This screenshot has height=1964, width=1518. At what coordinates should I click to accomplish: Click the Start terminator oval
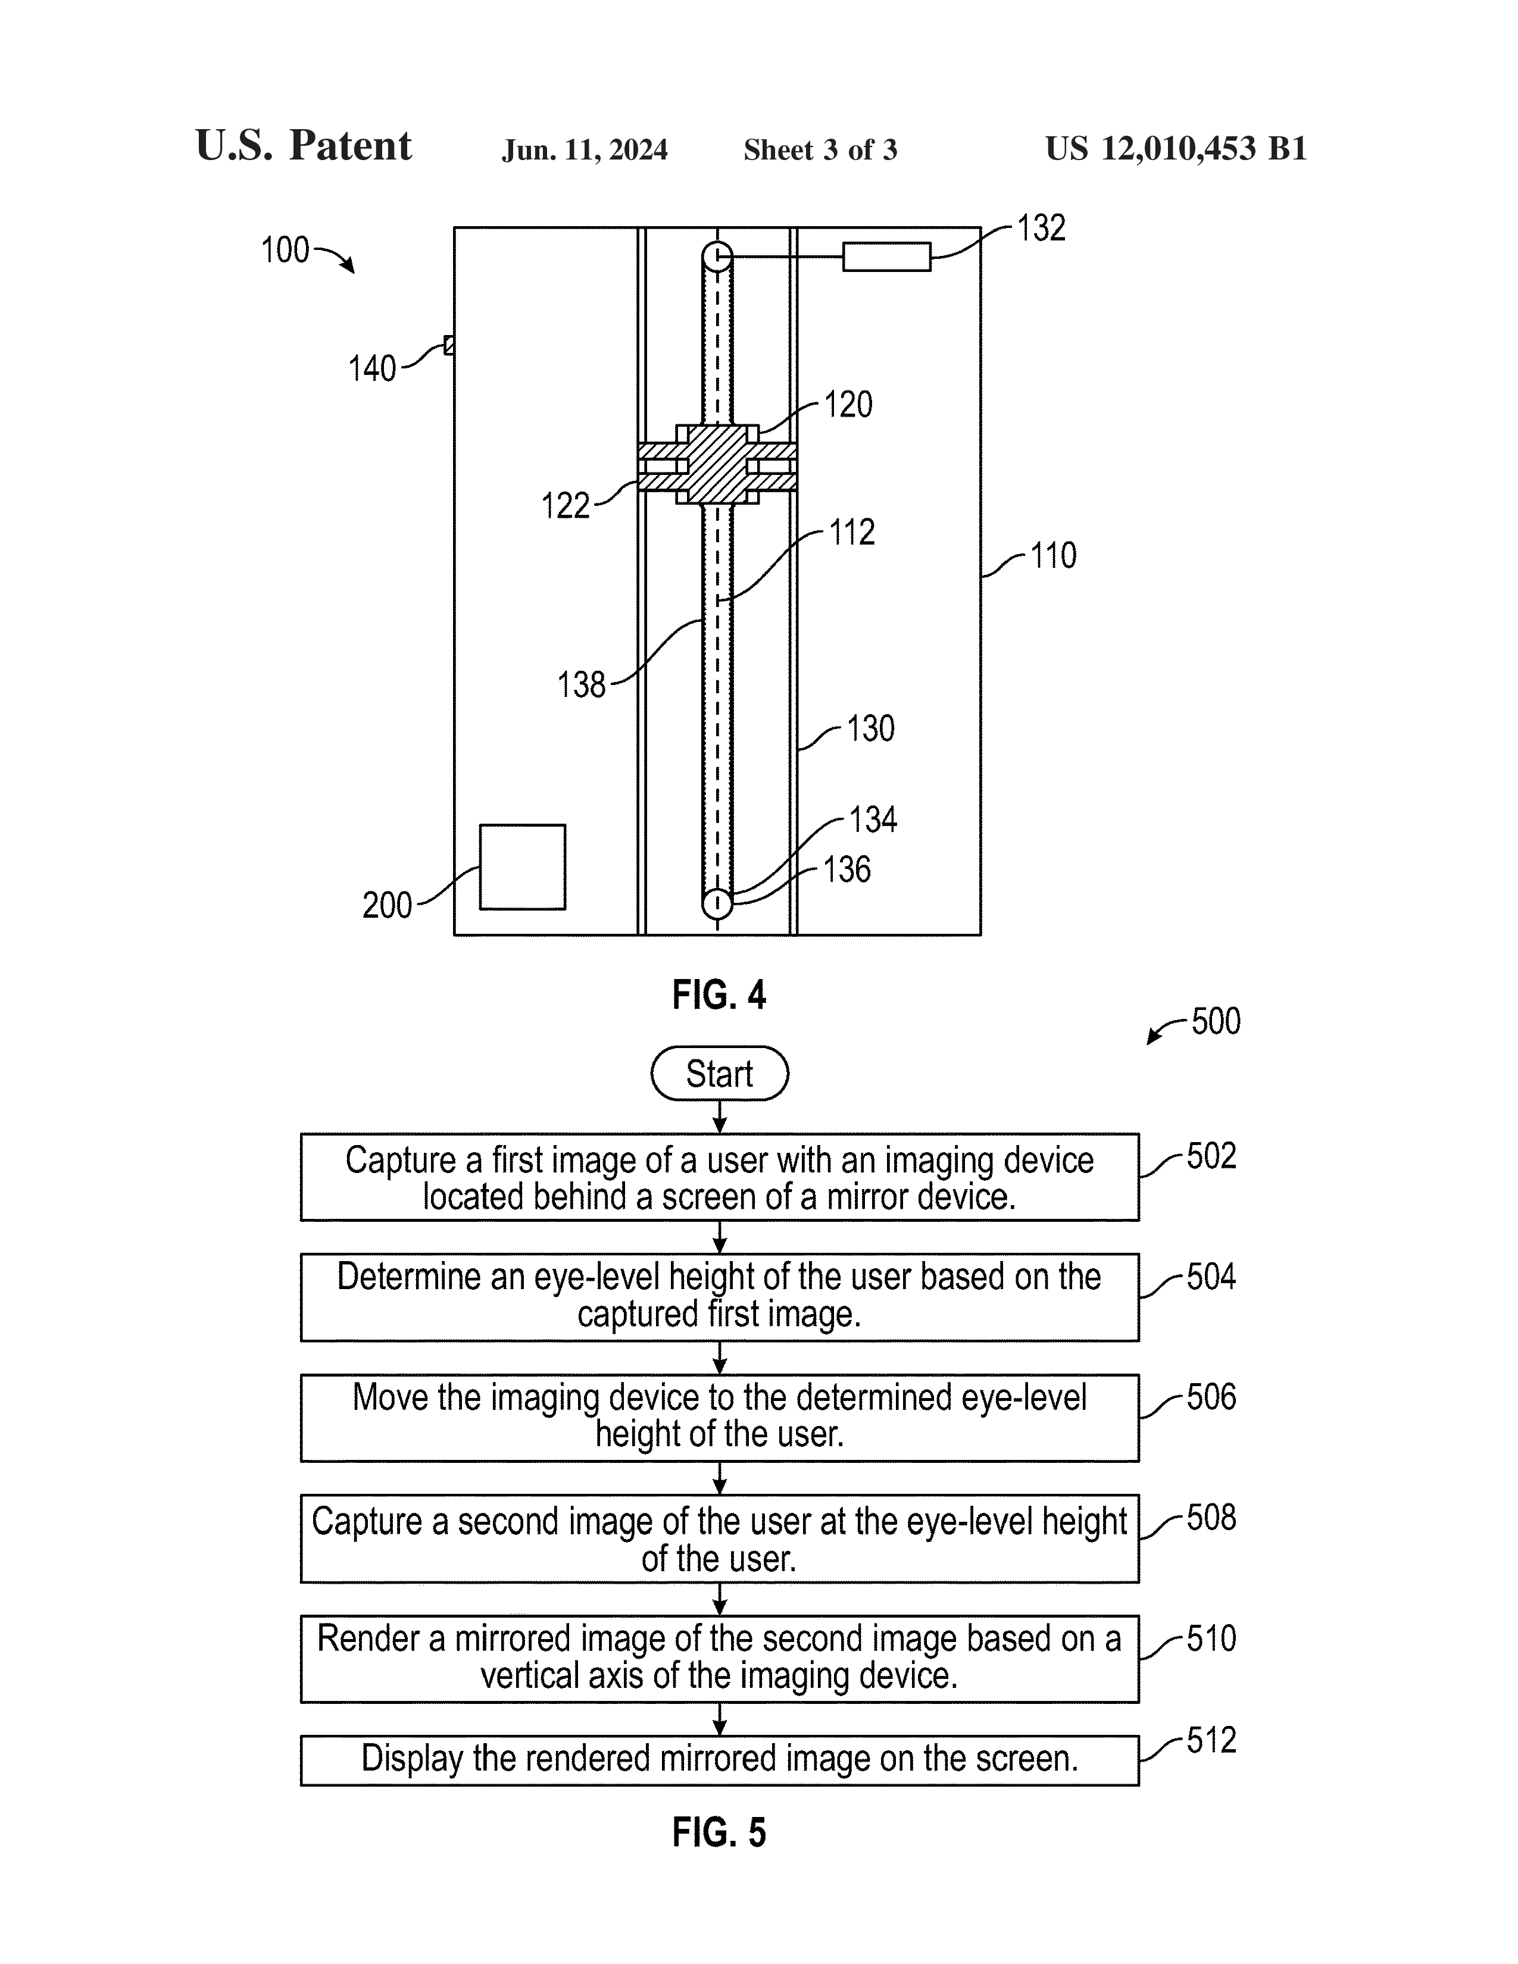[720, 1073]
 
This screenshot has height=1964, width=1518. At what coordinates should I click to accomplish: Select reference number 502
[1210, 1156]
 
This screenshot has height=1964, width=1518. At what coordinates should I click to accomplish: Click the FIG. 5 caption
[719, 1832]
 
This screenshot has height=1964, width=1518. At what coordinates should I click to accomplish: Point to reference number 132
[1041, 229]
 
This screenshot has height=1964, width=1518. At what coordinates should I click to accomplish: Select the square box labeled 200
[523, 867]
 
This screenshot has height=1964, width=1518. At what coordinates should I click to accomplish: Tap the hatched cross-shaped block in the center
[717, 464]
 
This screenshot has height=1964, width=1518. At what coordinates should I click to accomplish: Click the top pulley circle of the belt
[717, 257]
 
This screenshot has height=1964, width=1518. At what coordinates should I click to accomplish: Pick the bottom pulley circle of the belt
[717, 902]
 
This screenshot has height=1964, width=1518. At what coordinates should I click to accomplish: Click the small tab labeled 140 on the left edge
[449, 345]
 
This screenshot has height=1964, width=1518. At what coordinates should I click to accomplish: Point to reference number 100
[284, 250]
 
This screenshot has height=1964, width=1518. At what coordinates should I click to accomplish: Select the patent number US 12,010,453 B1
[1175, 148]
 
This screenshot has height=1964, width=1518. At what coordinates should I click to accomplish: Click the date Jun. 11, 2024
[585, 149]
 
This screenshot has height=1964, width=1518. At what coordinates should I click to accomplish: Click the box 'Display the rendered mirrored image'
[720, 1760]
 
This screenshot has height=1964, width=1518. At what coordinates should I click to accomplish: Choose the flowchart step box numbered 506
[720, 1417]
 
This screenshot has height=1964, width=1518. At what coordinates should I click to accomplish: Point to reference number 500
[1216, 1021]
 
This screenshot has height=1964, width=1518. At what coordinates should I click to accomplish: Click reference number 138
[581, 685]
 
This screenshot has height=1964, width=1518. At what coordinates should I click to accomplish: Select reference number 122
[565, 506]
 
